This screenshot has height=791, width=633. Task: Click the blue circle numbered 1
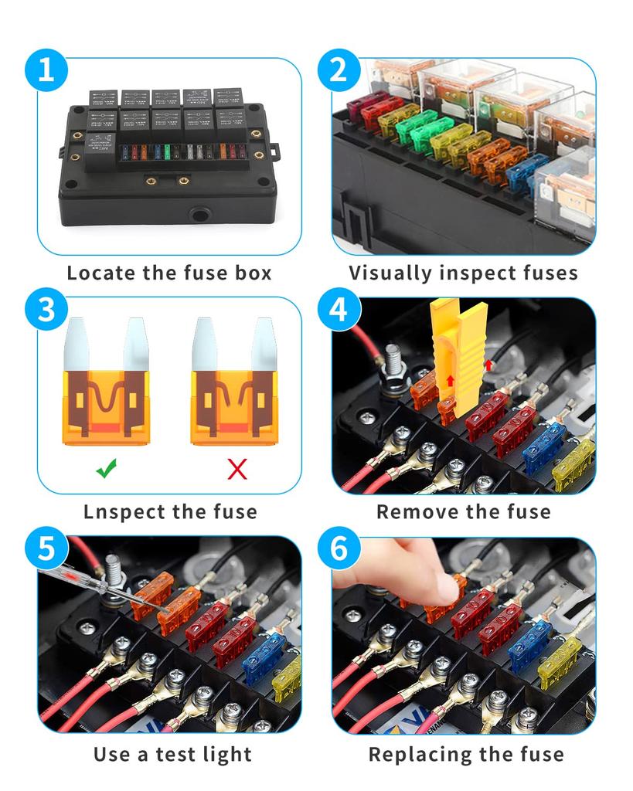click(46, 70)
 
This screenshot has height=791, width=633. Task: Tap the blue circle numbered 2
click(339, 70)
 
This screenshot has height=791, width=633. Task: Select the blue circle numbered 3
click(46, 309)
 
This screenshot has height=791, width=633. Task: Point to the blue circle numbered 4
click(339, 309)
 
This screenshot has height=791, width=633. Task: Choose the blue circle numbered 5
click(46, 548)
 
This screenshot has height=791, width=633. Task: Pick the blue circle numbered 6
click(339, 548)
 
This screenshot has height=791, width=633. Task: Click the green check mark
click(107, 468)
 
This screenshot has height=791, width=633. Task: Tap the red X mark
click(237, 469)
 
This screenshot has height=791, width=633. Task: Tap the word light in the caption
click(226, 755)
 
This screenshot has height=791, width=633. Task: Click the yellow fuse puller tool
click(458, 357)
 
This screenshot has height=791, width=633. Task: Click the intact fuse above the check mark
click(106, 382)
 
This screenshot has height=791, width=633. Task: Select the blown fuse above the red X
click(234, 382)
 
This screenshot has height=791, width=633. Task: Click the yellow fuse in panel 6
click(560, 664)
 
